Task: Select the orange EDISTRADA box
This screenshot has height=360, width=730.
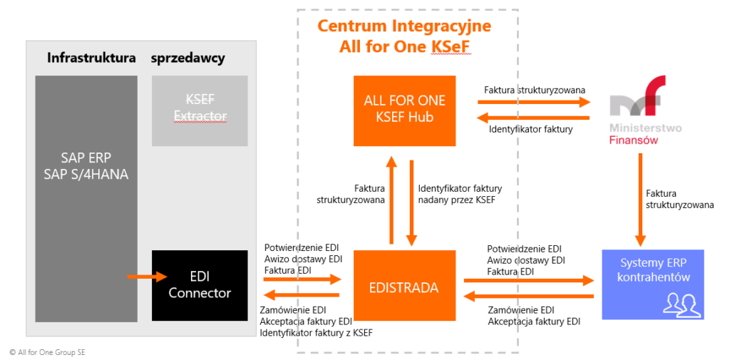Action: (x=404, y=285)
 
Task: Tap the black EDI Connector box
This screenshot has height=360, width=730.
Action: (x=200, y=285)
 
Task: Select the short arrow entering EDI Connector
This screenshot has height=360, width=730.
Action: (x=147, y=276)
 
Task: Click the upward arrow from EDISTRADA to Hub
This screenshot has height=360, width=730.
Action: (x=390, y=200)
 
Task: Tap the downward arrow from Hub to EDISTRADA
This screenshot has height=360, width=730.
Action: (x=412, y=200)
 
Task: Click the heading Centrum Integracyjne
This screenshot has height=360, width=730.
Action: (x=404, y=26)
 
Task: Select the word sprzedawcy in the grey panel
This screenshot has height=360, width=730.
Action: (x=187, y=58)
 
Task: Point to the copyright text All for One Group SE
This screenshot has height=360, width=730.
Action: (x=48, y=352)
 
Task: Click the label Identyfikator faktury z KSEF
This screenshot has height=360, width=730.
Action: (x=316, y=333)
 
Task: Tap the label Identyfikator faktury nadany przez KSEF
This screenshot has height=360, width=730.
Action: (x=460, y=194)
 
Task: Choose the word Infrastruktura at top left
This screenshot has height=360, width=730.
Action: (x=91, y=58)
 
